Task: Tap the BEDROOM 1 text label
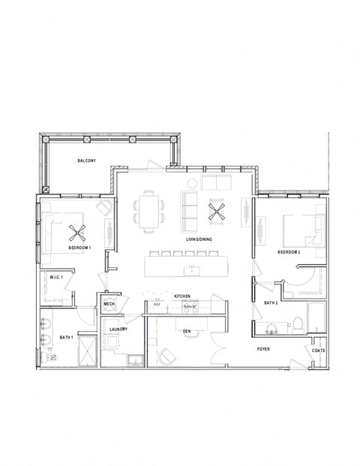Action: coord(79,247)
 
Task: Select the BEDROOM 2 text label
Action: coord(289,252)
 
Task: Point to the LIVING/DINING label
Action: coord(199,239)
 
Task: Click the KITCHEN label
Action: coord(182,296)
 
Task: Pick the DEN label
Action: coord(185,329)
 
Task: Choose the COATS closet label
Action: coord(319,350)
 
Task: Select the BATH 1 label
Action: coord(66,338)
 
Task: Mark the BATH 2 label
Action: coord(271,302)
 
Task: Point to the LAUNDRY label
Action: coord(118,329)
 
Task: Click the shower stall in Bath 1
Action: coord(86,349)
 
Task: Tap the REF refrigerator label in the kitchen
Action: coord(157,305)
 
